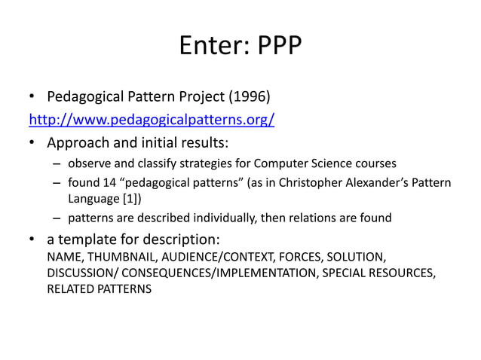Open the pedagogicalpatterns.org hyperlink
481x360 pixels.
pos(151,120)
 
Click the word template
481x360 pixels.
pos(93,241)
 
